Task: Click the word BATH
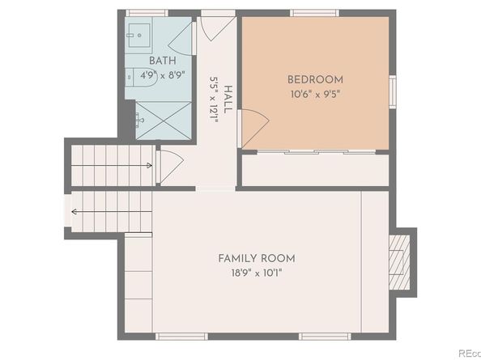(163, 61)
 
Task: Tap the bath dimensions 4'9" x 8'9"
(163, 75)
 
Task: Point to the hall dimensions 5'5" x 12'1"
(215, 100)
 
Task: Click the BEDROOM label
(315, 79)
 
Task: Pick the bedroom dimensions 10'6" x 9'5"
(315, 94)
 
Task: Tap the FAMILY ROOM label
(256, 258)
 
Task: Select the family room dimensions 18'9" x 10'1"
(256, 273)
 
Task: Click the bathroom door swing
(181, 38)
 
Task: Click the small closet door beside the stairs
(170, 165)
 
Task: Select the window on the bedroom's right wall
(392, 91)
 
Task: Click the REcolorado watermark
(467, 353)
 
